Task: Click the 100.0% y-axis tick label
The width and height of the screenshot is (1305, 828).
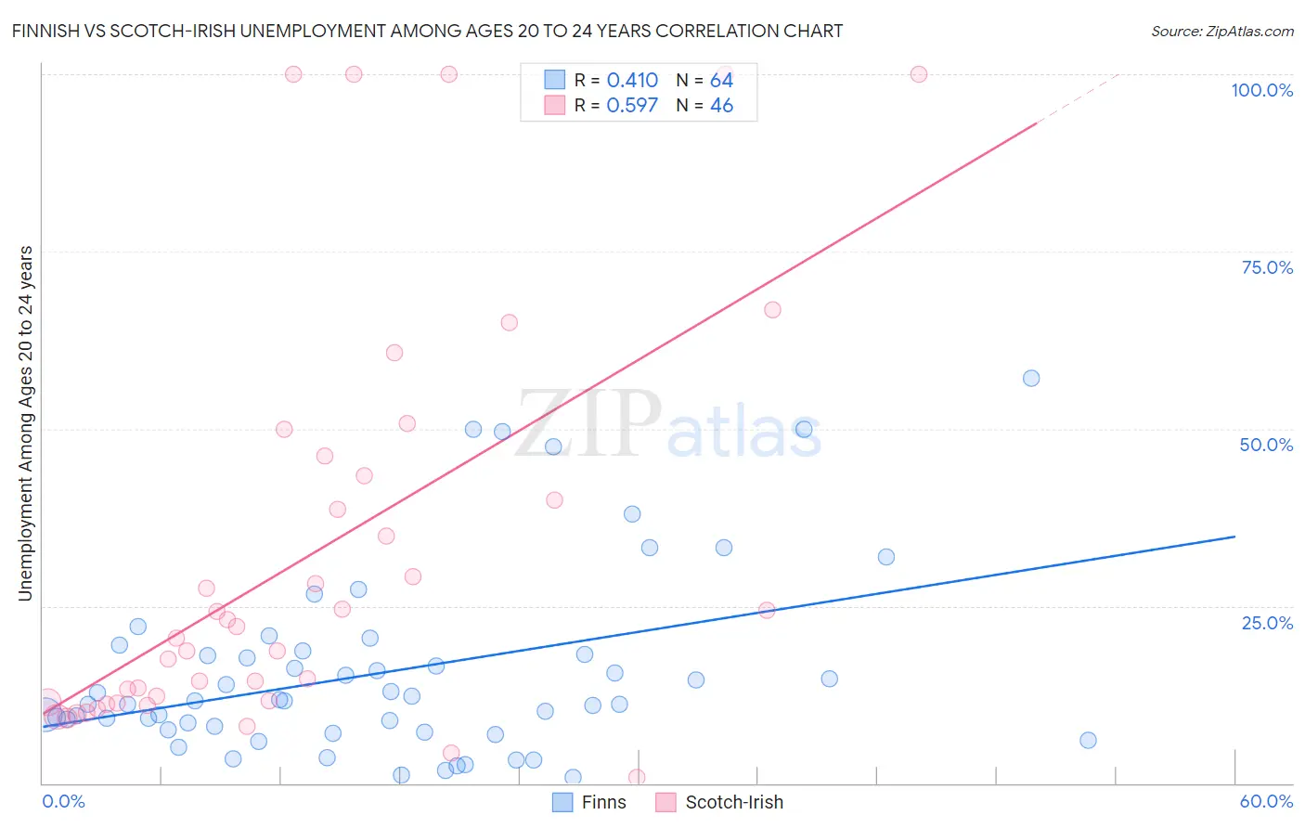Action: pos(1261,90)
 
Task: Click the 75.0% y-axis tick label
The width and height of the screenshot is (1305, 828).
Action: pos(1267,267)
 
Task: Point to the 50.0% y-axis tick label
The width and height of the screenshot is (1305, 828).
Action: pos(1266,445)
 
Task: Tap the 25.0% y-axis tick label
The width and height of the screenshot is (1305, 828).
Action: pos(1267,622)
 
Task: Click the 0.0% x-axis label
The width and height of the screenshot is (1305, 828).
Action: pos(63,801)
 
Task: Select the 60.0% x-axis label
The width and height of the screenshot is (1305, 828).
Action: pos(1266,801)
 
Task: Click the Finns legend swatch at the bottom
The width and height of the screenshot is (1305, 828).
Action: pos(562,802)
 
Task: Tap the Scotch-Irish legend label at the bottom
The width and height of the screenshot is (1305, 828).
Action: pos(733,802)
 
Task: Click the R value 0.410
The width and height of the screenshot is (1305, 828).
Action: pos(632,81)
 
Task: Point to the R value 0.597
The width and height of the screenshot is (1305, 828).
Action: pos(632,106)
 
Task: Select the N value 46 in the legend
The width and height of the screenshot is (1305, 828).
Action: pos(721,106)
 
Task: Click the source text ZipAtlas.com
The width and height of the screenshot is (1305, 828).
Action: pos(1247,31)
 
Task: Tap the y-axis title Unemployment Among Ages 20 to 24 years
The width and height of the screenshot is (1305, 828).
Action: pos(25,423)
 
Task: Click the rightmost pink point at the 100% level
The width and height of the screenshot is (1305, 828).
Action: pos(919,74)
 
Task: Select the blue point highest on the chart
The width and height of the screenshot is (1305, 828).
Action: pos(1031,378)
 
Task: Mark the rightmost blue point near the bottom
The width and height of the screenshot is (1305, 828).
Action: pos(1088,740)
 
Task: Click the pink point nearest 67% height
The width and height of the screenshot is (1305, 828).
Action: pos(772,310)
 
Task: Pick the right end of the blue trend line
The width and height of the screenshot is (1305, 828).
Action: pos(1234,537)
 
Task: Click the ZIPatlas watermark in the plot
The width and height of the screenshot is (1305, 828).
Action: pos(668,424)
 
